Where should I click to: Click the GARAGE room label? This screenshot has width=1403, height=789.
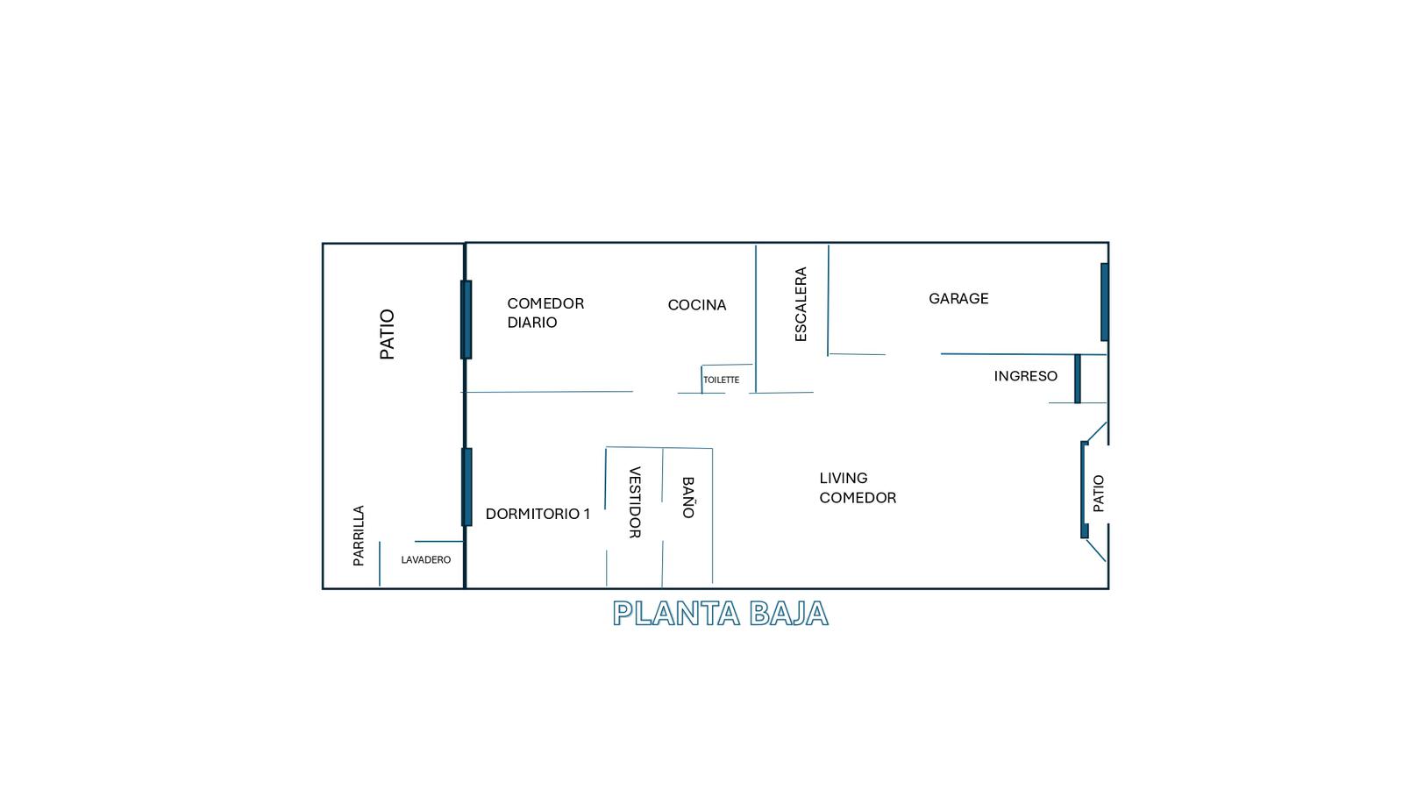[958, 299]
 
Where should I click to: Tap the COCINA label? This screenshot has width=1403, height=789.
[696, 305]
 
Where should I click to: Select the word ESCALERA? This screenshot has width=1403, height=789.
[801, 304]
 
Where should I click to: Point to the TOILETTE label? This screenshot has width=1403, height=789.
[721, 380]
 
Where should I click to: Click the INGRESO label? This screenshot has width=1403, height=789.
[1025, 376]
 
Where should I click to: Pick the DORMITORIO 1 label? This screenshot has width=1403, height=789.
[538, 514]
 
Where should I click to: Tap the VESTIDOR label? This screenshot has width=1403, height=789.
[635, 502]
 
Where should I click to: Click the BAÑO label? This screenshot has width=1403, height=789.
[687, 498]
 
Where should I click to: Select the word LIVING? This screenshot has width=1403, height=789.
[843, 478]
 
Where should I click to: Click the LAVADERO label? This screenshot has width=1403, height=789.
[426, 560]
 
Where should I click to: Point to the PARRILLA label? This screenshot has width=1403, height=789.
[359, 536]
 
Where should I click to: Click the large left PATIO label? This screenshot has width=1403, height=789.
[387, 334]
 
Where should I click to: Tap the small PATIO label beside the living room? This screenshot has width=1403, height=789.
[1099, 494]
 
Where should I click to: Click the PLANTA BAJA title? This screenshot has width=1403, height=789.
[721, 614]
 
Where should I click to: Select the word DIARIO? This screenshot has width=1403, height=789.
[531, 323]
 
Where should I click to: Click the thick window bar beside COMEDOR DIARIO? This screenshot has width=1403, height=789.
[466, 320]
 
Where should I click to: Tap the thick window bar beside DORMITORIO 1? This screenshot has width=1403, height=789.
[466, 487]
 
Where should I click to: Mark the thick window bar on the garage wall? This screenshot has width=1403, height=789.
[1105, 302]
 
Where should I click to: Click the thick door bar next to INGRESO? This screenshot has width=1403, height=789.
[1078, 379]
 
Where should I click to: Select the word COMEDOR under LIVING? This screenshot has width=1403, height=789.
[858, 498]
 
